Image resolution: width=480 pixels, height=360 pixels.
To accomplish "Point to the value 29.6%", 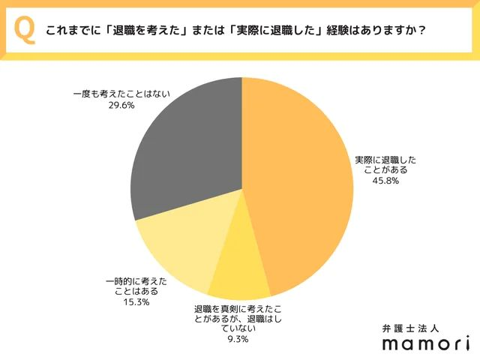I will pos(121,106).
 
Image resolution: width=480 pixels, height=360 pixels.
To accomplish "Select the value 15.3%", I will pos(136,302).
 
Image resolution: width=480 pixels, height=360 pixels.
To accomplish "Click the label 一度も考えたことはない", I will pos(121,95).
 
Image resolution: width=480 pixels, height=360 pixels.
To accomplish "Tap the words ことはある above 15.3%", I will pos(136,292).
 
